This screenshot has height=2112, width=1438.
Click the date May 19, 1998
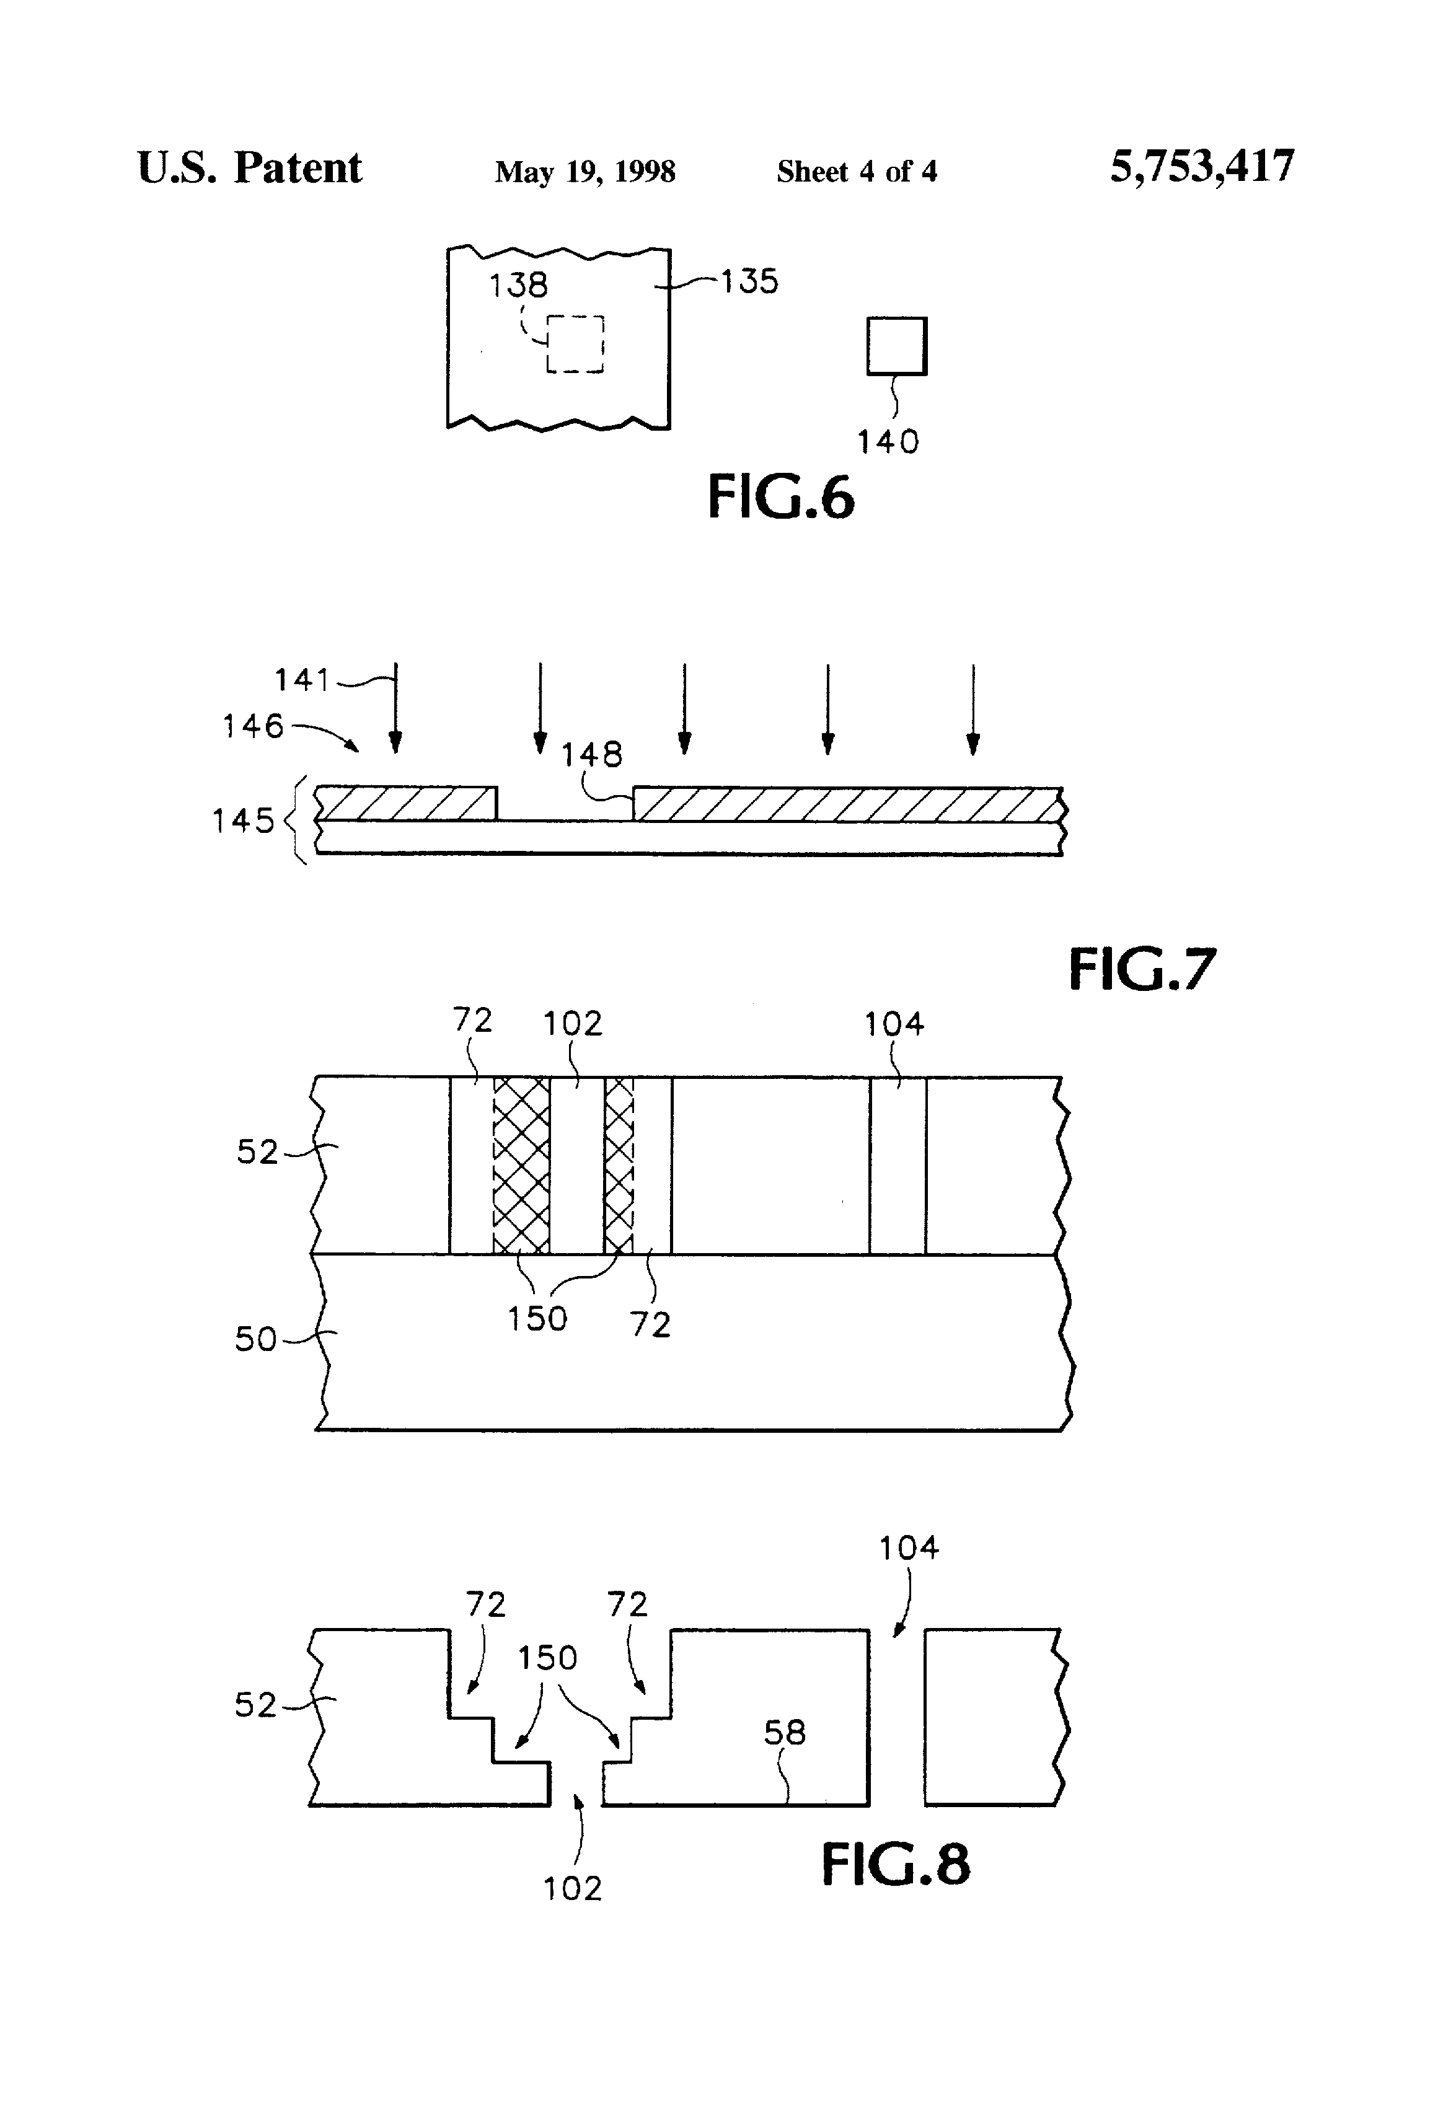584,171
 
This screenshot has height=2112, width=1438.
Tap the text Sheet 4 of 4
856,171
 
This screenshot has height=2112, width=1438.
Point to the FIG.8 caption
896,1865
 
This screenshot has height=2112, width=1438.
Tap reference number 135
750,282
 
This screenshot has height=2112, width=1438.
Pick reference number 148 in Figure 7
592,754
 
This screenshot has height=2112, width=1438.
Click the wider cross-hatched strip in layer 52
521,1165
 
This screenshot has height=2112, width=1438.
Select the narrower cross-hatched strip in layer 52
619,1165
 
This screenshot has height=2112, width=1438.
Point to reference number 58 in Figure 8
785,1733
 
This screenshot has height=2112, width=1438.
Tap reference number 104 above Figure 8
908,1547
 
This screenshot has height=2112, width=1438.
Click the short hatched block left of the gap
407,803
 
